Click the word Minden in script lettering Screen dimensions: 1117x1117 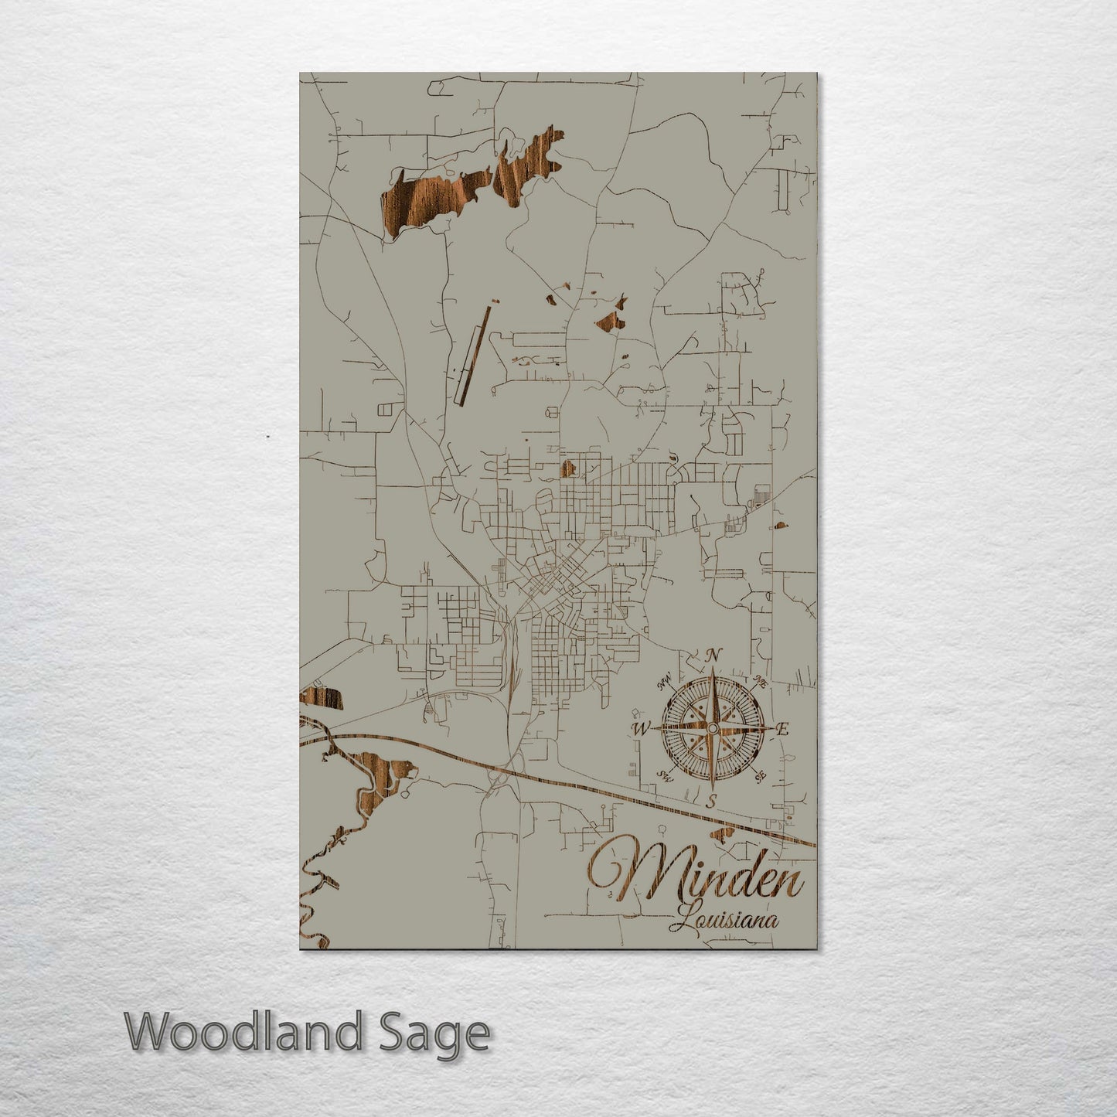(x=696, y=877)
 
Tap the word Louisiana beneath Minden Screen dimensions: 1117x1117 (x=726, y=921)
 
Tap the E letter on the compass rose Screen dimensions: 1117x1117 (x=782, y=728)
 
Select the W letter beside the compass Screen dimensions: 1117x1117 (x=640, y=728)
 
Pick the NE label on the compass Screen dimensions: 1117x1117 (x=760, y=683)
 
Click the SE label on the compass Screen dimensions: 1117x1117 (x=761, y=775)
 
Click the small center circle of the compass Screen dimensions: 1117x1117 (x=712, y=728)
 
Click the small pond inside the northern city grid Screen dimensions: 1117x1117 (x=568, y=468)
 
